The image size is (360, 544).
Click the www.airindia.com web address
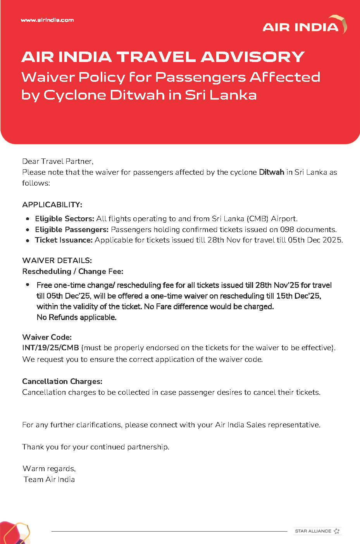(47, 20)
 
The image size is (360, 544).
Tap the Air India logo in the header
(305, 25)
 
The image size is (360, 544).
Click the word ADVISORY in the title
(253, 57)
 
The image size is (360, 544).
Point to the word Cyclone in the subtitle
(75, 95)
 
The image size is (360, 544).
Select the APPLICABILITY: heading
(52, 205)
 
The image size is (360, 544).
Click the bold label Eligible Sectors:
(64, 219)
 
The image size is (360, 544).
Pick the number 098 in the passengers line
(287, 229)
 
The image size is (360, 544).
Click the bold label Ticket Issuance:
(64, 240)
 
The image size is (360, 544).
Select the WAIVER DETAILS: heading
(57, 260)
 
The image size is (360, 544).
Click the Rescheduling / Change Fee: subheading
(72, 271)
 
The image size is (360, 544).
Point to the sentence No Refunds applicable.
(76, 317)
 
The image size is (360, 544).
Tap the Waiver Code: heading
(47, 337)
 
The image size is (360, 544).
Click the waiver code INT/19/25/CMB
(50, 348)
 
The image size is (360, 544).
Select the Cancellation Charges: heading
(62, 381)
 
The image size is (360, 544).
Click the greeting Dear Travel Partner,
(58, 161)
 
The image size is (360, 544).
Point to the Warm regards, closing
(49, 468)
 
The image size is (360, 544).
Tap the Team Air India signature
(49, 479)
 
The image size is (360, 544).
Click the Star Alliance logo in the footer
(317, 531)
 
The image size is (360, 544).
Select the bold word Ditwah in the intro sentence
(271, 172)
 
